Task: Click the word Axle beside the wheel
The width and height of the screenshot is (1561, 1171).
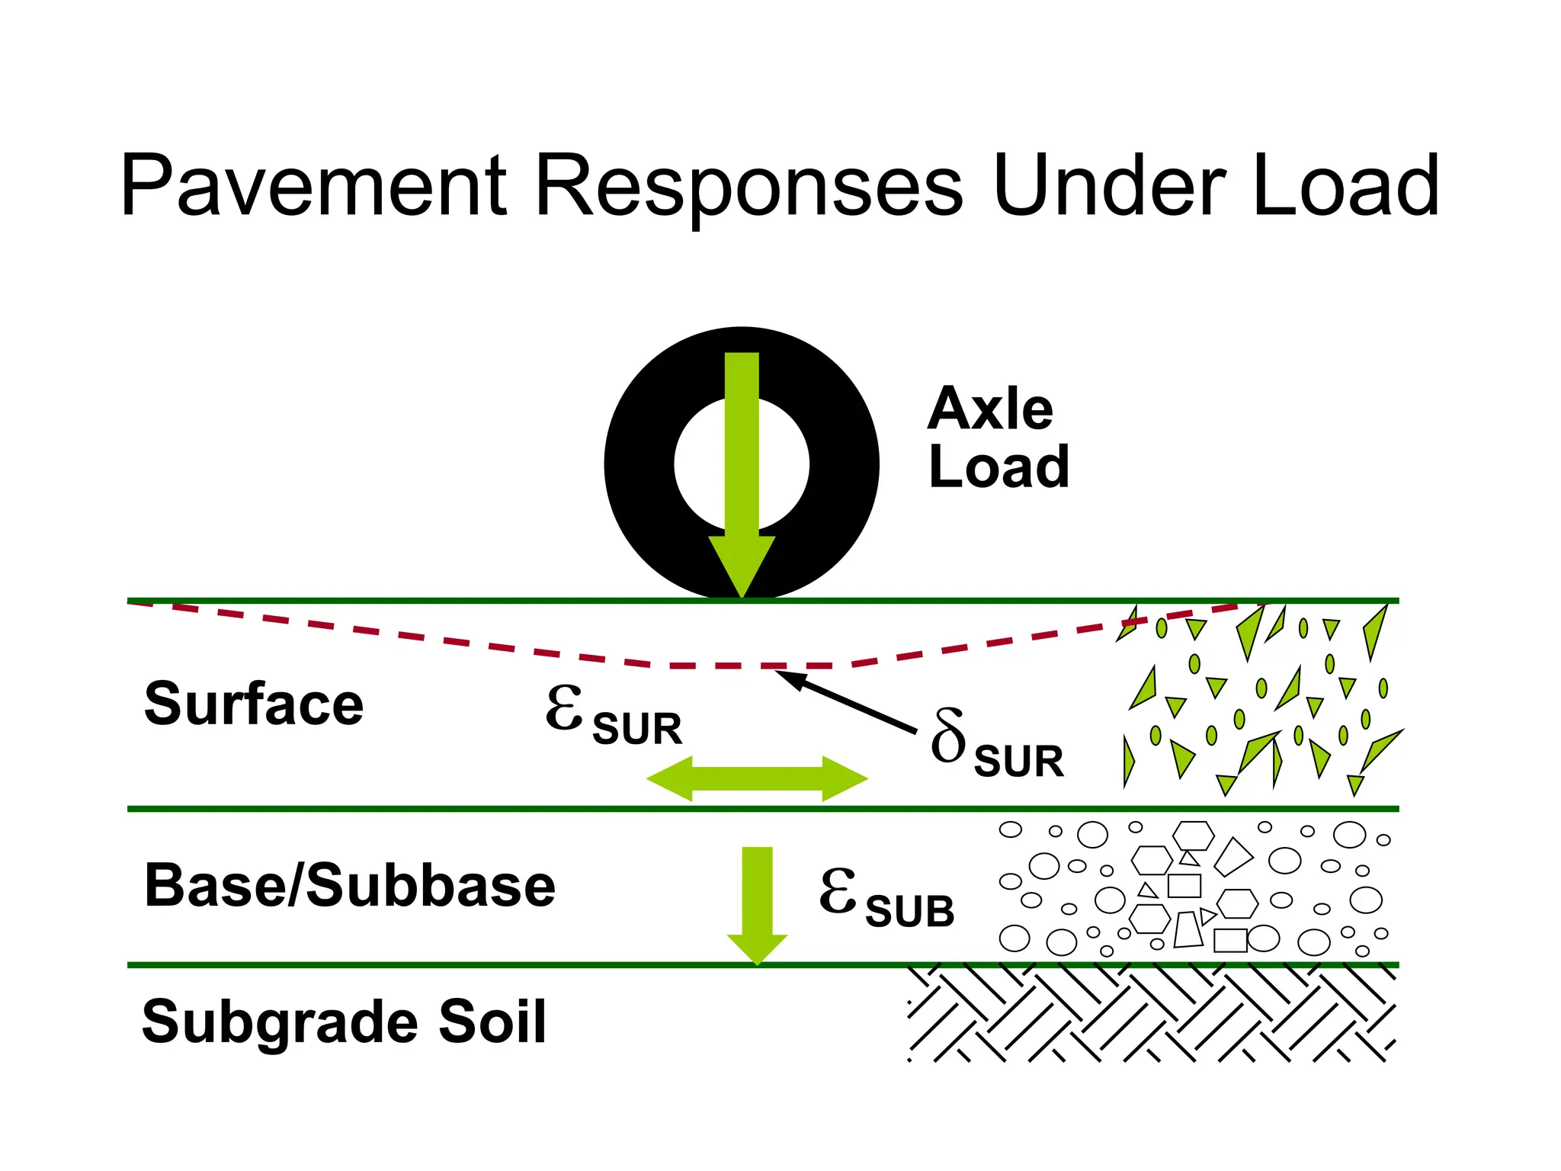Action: click(991, 409)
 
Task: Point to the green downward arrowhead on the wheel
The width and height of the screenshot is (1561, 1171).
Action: click(742, 564)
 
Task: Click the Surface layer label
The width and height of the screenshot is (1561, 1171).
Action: click(254, 704)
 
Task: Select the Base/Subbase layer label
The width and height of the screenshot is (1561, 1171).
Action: click(350, 886)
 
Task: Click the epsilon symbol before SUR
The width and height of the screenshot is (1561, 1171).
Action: click(565, 708)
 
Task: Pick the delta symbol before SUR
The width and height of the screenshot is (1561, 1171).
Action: click(949, 736)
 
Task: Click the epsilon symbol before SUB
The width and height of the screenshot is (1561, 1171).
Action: click(838, 890)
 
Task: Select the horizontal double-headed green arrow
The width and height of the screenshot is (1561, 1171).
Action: click(757, 779)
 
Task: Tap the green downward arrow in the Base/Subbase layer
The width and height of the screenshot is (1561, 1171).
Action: click(757, 903)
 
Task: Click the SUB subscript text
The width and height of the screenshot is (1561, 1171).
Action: click(910, 912)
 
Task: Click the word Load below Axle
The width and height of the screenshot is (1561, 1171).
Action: click(999, 467)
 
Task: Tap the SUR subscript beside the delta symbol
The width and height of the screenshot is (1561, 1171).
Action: click(1019, 762)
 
